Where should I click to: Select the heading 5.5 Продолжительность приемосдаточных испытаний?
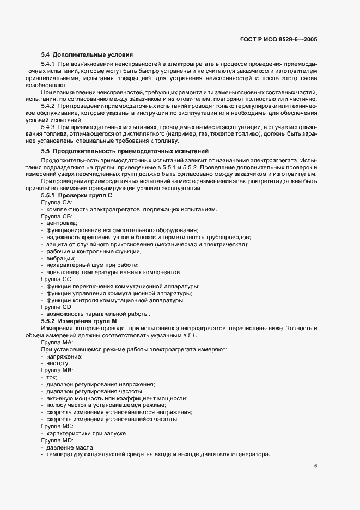tap(124, 150)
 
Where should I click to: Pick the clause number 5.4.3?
tap(48, 127)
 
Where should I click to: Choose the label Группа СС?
tap(57, 280)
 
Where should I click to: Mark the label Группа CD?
tap(57, 307)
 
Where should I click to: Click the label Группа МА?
tap(57, 342)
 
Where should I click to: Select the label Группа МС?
tap(57, 426)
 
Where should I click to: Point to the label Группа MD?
tap(57, 440)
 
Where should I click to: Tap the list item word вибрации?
tap(60, 258)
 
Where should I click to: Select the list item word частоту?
tap(58, 363)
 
